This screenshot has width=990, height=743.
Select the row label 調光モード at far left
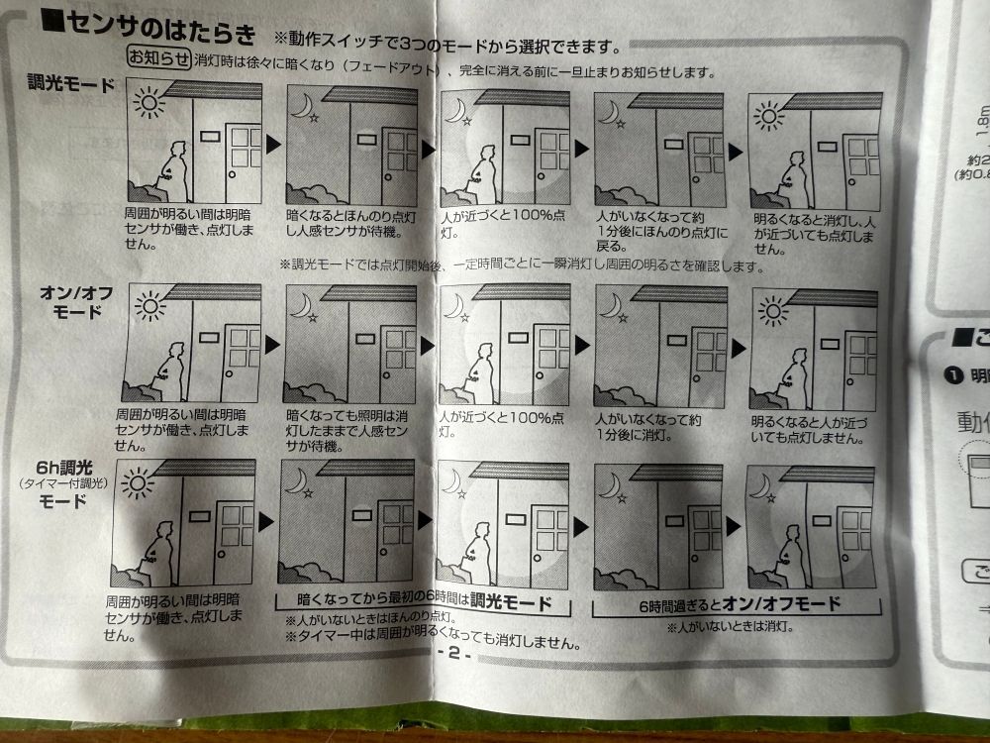[x=71, y=84]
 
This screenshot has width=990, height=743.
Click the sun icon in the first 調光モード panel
[x=149, y=100]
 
